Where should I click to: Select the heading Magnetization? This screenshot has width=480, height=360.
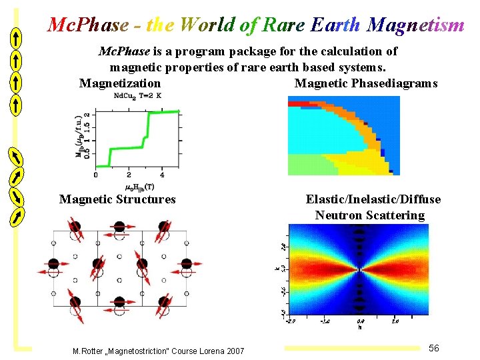tap(120, 83)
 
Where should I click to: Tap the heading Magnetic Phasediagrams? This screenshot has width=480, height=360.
tap(366, 83)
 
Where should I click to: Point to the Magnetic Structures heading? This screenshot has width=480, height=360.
tap(117, 199)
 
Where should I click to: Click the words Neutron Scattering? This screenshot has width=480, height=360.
tap(370, 215)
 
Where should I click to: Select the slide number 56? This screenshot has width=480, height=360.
tap(434, 348)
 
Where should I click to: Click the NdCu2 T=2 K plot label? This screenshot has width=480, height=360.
tap(138, 95)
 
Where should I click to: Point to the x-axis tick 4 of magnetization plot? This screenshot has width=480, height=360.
tap(163, 175)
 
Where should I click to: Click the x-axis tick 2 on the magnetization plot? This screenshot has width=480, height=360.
tap(129, 175)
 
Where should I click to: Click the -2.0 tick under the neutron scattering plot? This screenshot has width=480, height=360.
tap(291, 321)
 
